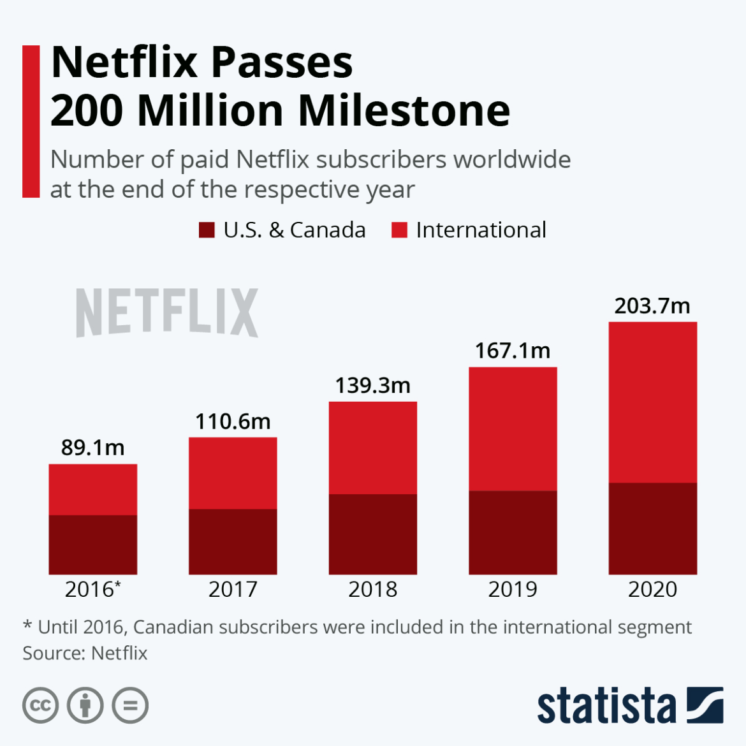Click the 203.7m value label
coord(652,306)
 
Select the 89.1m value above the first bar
coord(92,448)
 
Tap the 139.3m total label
coord(372,386)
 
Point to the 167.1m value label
coord(513,351)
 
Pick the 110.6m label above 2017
coord(233,421)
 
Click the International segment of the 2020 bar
coord(652,402)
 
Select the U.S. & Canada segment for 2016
coord(92,545)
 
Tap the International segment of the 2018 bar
coord(372,448)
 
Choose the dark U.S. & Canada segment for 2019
coord(513,532)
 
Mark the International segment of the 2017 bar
coord(233,473)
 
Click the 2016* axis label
coord(92,589)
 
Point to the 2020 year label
coord(652,589)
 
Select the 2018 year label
coord(372,589)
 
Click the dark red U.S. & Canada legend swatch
coord(207,230)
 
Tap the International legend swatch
coord(399,230)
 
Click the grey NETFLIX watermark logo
coord(167,312)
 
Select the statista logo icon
coord(705,705)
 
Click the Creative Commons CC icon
coord(40,706)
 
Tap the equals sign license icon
coord(130,706)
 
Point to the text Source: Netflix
coord(85,654)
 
